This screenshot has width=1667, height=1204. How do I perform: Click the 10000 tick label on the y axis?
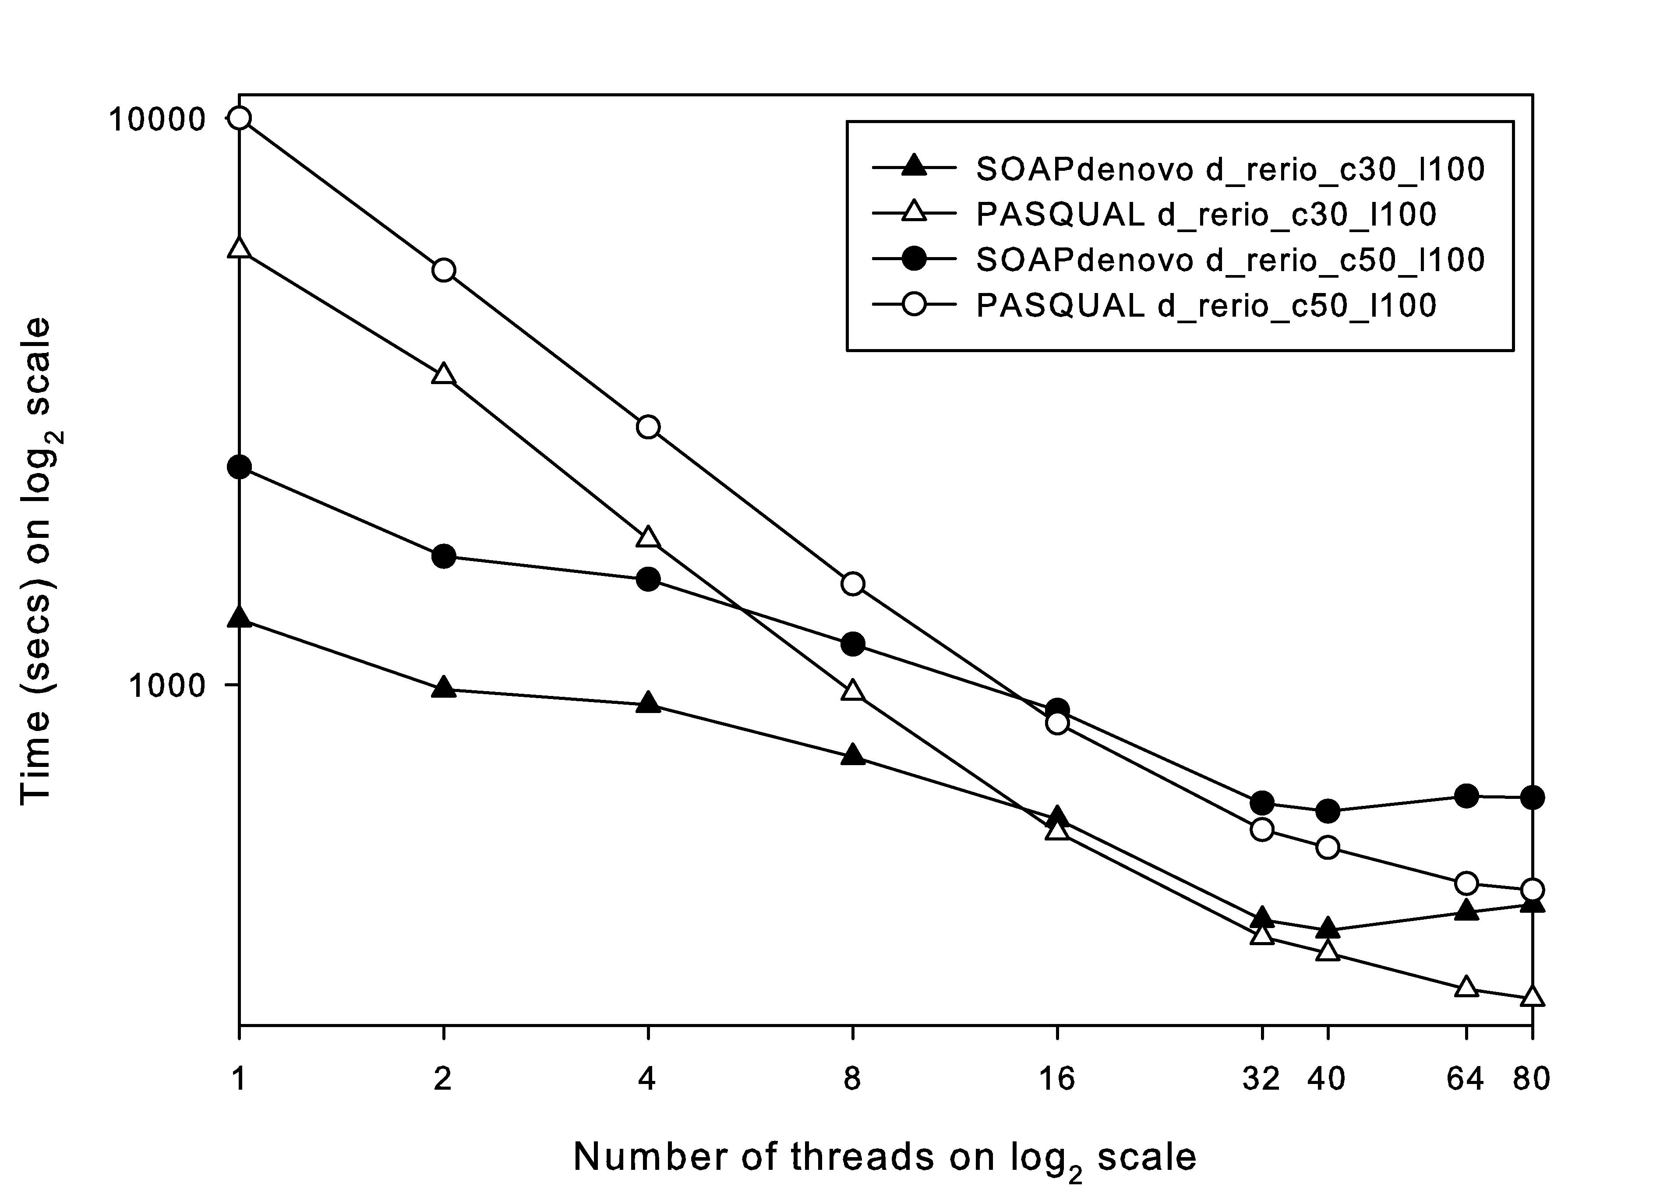tap(156, 119)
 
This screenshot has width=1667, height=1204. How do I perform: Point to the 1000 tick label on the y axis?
tap(166, 685)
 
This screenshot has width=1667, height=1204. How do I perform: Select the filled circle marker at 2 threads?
tap(443, 556)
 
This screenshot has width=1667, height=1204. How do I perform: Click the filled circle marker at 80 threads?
tap(1532, 797)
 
